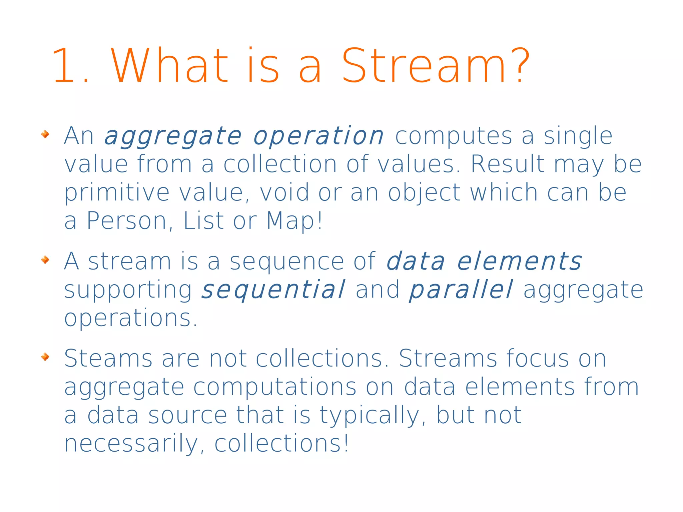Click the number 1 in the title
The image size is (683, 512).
click(x=64, y=65)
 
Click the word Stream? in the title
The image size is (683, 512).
click(x=436, y=65)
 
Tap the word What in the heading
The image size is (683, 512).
click(x=170, y=65)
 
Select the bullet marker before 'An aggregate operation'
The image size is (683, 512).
click(x=45, y=134)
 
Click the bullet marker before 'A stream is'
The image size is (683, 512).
click(x=45, y=260)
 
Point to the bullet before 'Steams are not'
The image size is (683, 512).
click(x=45, y=357)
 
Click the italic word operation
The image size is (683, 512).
click(x=318, y=136)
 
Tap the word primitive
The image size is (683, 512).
click(x=117, y=193)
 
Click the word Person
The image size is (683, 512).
click(x=127, y=221)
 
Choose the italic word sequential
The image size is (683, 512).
click(x=273, y=290)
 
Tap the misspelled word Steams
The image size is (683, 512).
click(x=108, y=359)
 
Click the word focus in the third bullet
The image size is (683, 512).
click(x=538, y=359)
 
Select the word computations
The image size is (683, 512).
click(x=275, y=387)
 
